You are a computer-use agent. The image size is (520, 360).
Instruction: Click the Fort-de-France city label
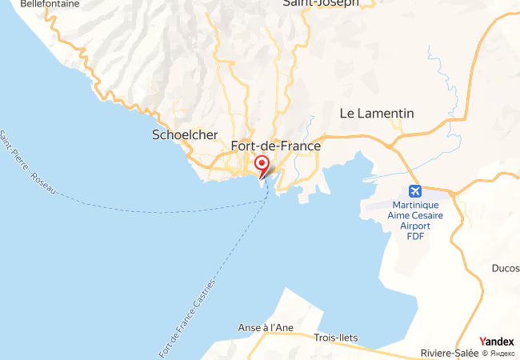(275, 146)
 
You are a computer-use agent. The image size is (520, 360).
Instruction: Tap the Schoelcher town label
(185, 135)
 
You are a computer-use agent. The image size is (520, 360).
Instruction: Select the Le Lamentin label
(377, 114)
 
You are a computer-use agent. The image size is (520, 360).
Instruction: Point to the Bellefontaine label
(50, 4)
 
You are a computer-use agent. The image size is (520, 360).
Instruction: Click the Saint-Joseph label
(319, 3)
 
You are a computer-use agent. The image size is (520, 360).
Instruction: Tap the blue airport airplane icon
(414, 190)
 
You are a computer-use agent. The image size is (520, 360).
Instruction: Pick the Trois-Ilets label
(336, 338)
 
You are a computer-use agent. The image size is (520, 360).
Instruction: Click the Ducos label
(506, 269)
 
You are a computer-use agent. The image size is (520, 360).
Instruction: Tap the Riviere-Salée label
(449, 353)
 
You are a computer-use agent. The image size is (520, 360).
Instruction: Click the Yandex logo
(497, 342)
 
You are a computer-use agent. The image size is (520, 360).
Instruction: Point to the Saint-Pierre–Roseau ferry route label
(28, 164)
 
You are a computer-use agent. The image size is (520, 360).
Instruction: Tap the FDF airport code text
(414, 236)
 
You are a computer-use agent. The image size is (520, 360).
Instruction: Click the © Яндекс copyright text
(498, 353)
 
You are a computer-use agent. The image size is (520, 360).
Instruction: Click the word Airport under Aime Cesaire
(414, 226)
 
